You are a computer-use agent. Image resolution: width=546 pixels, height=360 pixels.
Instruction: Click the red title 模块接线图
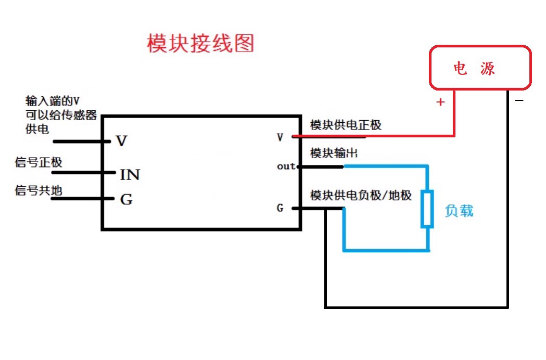pyautogui.click(x=200, y=43)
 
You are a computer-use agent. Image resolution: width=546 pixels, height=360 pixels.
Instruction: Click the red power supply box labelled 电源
pyautogui.click(x=480, y=46)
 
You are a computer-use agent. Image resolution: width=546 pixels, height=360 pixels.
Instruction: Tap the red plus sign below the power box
pyautogui.click(x=440, y=101)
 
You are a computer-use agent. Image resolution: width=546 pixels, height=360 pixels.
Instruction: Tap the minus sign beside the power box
pyautogui.click(x=519, y=100)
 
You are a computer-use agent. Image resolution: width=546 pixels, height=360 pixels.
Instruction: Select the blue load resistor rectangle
pyautogui.click(x=427, y=209)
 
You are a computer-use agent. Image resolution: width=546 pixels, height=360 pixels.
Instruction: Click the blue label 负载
pyautogui.click(x=459, y=211)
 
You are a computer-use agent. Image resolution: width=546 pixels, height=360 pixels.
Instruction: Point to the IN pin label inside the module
pyautogui.click(x=130, y=175)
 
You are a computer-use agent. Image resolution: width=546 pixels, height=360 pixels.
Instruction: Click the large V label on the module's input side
pyautogui.click(x=121, y=141)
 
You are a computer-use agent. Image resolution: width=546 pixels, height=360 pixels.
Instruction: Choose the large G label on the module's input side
pyautogui.click(x=126, y=199)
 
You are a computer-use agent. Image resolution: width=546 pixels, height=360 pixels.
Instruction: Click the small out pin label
pyautogui.click(x=286, y=166)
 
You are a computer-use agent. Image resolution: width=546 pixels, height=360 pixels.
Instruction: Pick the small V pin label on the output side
pyautogui.click(x=280, y=137)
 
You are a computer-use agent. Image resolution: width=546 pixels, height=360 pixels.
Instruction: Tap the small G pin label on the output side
pyautogui.click(x=280, y=208)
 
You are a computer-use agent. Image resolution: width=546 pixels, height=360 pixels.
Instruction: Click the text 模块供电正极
pyautogui.click(x=346, y=125)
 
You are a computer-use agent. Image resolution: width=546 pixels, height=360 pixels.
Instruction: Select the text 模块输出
pyautogui.click(x=334, y=153)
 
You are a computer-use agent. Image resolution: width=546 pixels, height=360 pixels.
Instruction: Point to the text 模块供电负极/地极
pyautogui.click(x=361, y=195)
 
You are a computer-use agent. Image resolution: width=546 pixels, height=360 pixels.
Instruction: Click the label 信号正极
pyautogui.click(x=39, y=162)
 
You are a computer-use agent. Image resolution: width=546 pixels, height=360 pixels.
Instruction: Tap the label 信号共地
pyautogui.click(x=39, y=190)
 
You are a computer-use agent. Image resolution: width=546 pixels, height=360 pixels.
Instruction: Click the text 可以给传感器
pyautogui.click(x=61, y=115)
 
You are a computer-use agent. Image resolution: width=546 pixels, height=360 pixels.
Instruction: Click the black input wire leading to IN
pyautogui.click(x=84, y=172)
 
